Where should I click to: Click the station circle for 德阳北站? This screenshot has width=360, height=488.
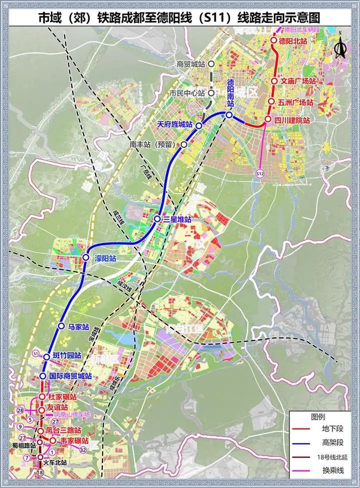click(x=274, y=41)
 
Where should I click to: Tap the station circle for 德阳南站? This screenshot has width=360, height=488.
click(x=230, y=115)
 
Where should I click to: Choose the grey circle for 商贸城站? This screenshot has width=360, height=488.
click(x=210, y=64)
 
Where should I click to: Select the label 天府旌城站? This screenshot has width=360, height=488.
click(x=175, y=124)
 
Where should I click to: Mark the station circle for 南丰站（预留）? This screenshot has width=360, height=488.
click(x=184, y=144)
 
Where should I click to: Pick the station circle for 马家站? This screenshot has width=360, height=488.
click(x=61, y=326)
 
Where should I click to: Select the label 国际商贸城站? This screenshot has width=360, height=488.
click(x=70, y=376)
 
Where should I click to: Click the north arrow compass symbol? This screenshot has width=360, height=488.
click(x=339, y=49)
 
